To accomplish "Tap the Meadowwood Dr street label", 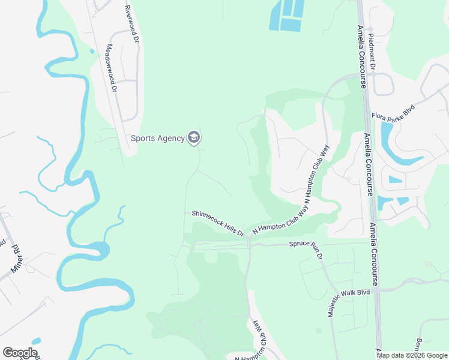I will pyautogui.click(x=111, y=68).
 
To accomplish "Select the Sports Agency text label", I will pyautogui.click(x=158, y=139).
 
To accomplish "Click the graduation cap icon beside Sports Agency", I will pyautogui.click(x=193, y=139).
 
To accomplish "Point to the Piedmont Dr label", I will pyautogui.click(x=372, y=53).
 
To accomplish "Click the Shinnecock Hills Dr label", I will pyautogui.click(x=218, y=223).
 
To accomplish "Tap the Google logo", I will pyautogui.click(x=20, y=353).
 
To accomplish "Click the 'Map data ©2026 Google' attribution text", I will pyautogui.click(x=412, y=355).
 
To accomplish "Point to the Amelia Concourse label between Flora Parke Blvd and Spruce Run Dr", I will pyautogui.click(x=369, y=165).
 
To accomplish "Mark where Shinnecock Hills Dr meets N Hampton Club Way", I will pyautogui.click(x=249, y=236).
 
